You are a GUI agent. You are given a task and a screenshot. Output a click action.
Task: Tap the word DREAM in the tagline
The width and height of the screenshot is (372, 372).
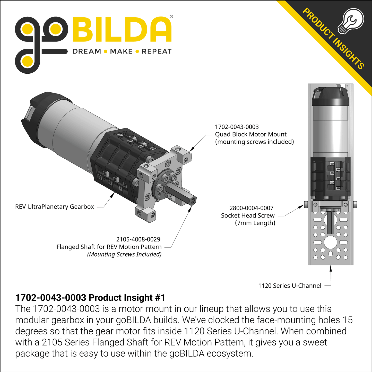(x=87, y=51)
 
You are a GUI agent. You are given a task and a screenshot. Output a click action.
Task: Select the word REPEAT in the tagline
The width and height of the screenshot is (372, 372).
(x=157, y=51)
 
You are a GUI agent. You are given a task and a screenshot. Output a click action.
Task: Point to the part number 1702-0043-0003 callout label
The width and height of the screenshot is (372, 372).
(x=237, y=127)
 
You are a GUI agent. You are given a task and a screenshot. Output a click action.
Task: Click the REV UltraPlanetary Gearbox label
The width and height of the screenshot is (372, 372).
(x=55, y=207)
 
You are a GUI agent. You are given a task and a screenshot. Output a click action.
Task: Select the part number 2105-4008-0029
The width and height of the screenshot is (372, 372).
(x=138, y=239)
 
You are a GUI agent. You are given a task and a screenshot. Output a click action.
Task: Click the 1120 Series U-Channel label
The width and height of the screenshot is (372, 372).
(x=290, y=286)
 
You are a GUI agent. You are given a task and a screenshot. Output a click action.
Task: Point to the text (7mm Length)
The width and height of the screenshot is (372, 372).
(x=255, y=223)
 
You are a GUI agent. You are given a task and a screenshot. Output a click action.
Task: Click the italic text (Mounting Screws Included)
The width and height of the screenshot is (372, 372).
(x=124, y=254)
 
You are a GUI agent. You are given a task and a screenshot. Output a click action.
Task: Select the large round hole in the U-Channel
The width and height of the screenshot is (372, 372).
(x=330, y=242)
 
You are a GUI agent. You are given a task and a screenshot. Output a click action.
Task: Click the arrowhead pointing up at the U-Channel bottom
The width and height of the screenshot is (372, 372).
(x=331, y=269)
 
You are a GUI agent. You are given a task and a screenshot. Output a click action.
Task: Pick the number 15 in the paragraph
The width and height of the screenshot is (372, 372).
(x=347, y=320)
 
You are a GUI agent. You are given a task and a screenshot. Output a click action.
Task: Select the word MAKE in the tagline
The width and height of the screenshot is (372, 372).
(x=121, y=51)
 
